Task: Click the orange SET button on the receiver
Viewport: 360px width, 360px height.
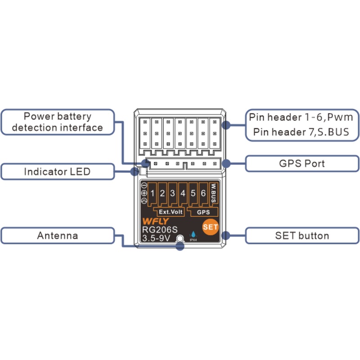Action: pos(210,227)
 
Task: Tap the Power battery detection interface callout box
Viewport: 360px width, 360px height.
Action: pos(57,122)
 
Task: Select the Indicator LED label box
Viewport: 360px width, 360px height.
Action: pos(57,172)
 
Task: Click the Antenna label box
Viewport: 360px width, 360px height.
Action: pos(57,236)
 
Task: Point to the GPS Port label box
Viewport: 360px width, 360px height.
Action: pos(302,163)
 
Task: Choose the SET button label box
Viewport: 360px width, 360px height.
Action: pos(302,236)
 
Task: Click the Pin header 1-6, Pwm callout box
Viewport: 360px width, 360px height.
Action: pos(302,125)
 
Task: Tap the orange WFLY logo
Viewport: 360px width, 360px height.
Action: pos(154,222)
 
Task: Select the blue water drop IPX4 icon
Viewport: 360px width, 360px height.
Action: pos(193,234)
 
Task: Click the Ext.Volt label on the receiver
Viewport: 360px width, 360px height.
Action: pos(170,211)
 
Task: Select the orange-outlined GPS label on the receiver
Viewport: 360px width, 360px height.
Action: pos(203,211)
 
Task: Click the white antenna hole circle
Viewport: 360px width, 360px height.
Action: pos(180,239)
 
